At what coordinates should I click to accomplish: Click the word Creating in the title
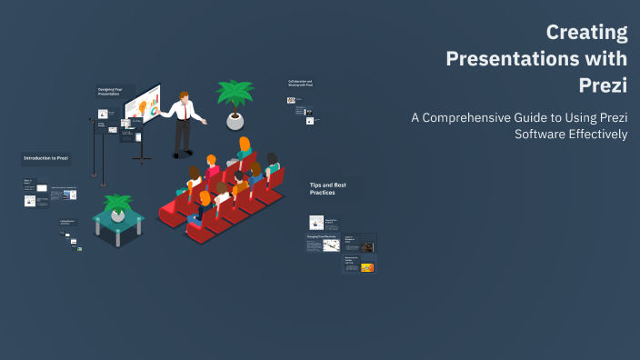(586, 34)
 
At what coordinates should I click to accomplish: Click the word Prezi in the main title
(603, 85)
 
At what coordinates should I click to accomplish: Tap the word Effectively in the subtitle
(595, 135)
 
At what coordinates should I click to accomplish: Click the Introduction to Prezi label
(46, 157)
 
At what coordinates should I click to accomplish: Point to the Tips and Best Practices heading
(327, 188)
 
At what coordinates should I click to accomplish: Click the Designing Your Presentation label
(111, 92)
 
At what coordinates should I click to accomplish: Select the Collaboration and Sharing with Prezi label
(299, 84)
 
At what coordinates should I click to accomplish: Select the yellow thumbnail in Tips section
(367, 267)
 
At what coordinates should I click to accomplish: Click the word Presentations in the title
(536, 59)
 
